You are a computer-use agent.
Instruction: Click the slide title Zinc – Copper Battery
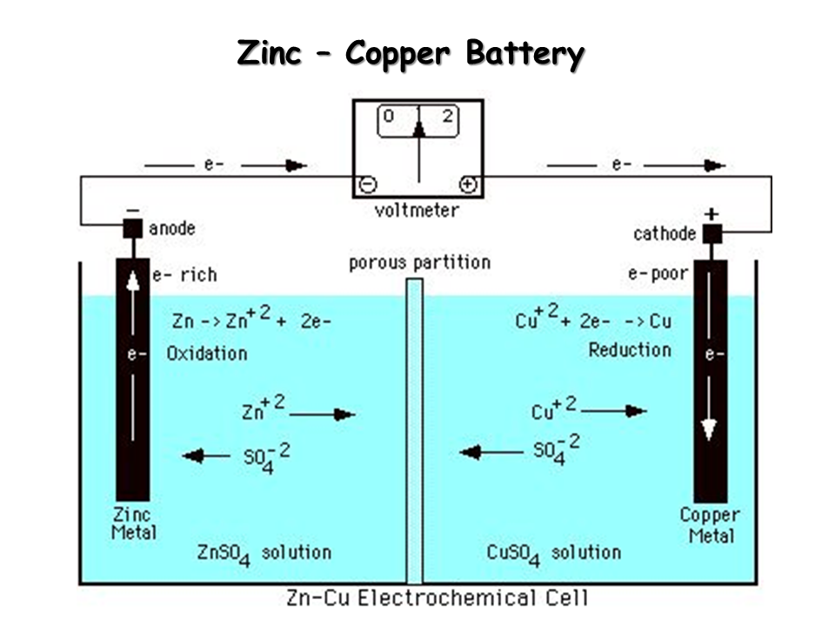click(x=411, y=54)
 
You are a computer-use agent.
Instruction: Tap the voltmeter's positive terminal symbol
click(x=468, y=184)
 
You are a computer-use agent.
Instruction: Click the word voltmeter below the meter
click(x=417, y=210)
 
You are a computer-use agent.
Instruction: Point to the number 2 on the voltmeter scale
click(x=447, y=116)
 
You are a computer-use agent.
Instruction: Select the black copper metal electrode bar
click(x=711, y=383)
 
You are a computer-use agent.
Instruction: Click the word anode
click(x=172, y=228)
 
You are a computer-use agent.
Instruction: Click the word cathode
click(x=665, y=233)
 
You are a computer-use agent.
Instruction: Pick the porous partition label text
click(x=419, y=262)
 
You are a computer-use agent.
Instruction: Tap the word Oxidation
click(x=207, y=354)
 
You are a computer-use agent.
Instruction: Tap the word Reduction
click(x=630, y=350)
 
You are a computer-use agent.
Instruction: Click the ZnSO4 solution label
click(x=264, y=553)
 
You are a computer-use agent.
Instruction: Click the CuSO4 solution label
click(x=553, y=553)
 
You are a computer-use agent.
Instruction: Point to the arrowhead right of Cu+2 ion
click(x=636, y=410)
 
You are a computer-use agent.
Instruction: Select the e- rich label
click(x=184, y=275)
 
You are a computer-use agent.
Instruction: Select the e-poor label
click(x=658, y=274)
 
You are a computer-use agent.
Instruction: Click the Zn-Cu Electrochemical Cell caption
click(x=437, y=598)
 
